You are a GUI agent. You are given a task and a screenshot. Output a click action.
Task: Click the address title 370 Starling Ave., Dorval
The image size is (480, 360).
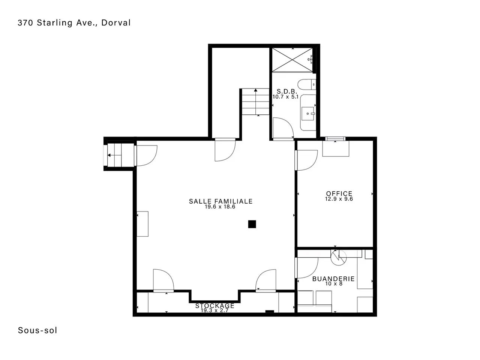click(74, 23)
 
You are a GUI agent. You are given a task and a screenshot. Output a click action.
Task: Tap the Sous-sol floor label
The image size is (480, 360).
click(37, 330)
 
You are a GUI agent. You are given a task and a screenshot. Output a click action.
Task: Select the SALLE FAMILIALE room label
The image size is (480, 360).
click(220, 201)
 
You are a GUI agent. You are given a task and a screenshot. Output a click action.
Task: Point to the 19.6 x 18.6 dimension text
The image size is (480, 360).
click(220, 207)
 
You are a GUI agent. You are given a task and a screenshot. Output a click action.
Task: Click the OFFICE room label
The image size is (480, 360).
click(339, 193)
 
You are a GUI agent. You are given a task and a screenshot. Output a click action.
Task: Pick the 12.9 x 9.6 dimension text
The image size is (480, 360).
click(339, 199)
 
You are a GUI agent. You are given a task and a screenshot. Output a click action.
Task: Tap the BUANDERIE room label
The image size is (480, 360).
click(333, 279)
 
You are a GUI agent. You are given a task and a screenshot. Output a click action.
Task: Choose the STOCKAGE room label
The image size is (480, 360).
click(215, 306)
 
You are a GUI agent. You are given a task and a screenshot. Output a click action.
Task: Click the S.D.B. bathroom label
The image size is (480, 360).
click(287, 91)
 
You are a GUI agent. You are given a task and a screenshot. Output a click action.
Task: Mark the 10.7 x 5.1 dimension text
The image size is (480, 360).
click(285, 97)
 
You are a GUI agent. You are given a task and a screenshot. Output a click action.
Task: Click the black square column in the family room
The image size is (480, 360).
click(252, 224)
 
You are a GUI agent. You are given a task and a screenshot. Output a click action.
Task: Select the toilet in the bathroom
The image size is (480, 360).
click(307, 85)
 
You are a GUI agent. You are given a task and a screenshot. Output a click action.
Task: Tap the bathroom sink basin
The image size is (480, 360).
click(308, 114)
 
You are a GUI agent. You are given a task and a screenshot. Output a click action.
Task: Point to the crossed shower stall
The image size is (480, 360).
click(292, 60)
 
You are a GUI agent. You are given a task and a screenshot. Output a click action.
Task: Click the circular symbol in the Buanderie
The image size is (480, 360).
click(339, 258)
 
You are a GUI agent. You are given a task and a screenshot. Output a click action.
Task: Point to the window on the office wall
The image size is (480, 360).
click(335, 139)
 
